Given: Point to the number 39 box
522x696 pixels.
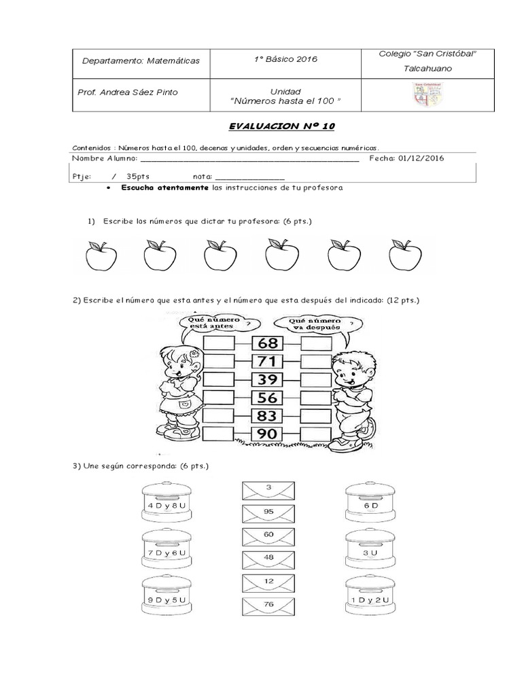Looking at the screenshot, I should (267, 379).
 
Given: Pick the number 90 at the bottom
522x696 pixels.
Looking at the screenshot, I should (267, 434).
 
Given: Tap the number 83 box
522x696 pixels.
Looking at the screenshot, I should (267, 415).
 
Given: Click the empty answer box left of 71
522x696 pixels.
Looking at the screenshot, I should (219, 361).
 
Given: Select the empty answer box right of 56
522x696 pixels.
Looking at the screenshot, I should (316, 397).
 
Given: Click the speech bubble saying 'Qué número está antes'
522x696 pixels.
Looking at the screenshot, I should (213, 323).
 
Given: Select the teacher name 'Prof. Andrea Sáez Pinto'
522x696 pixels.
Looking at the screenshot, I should (130, 92).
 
